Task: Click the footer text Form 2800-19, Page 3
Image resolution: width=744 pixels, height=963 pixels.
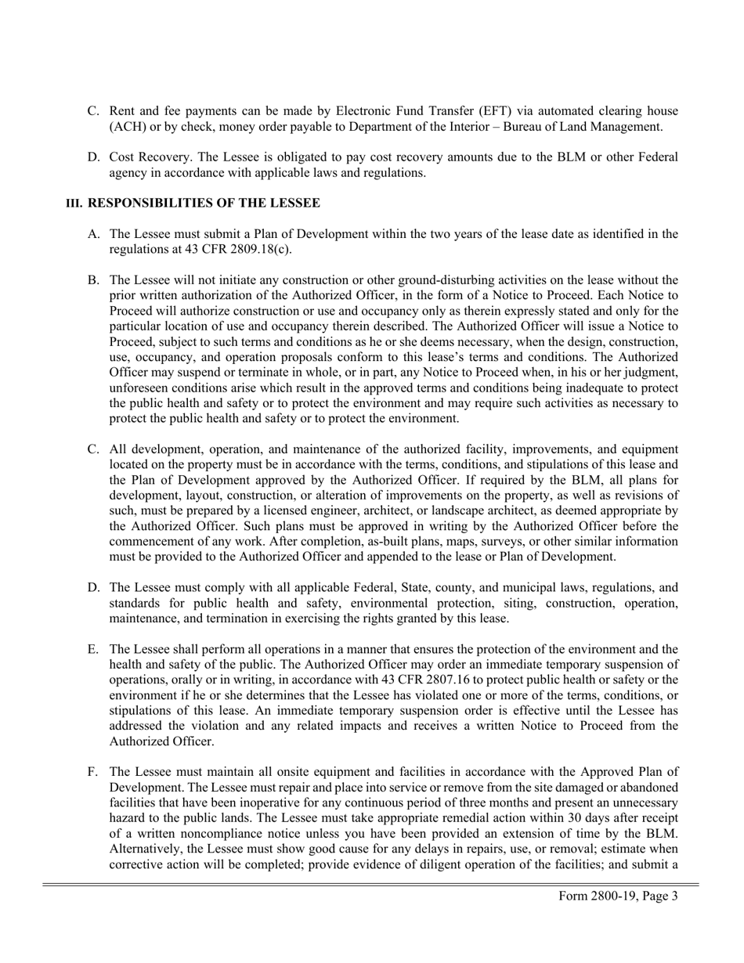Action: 618,896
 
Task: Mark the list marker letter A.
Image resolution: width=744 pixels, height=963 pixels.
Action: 93,233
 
